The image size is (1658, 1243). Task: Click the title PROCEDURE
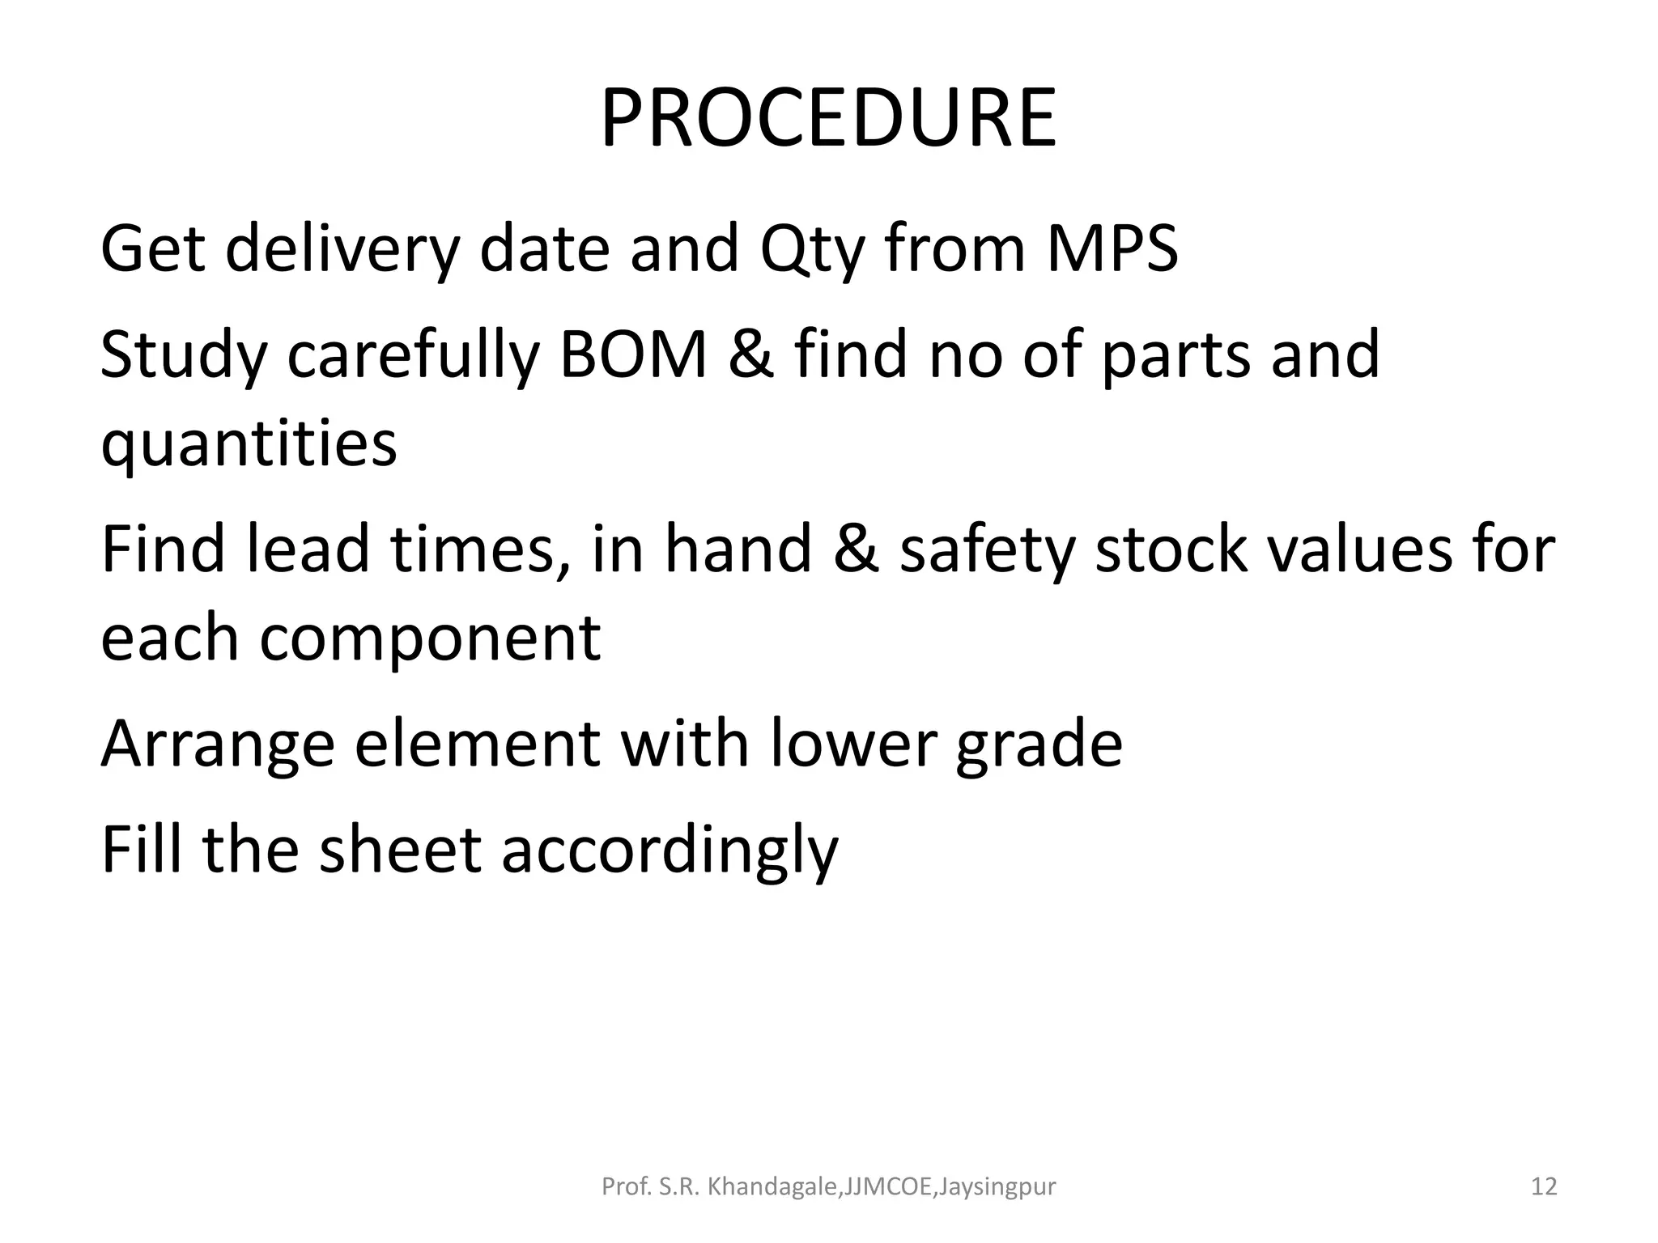(x=828, y=119)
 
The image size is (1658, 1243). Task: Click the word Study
(x=184, y=356)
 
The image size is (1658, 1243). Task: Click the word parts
(x=1175, y=356)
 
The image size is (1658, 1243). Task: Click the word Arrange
(x=217, y=745)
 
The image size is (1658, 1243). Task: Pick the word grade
(x=1039, y=745)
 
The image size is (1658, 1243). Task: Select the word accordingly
(x=670, y=851)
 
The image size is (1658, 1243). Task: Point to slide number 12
(x=1544, y=1187)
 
